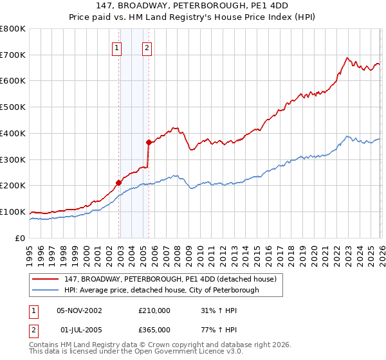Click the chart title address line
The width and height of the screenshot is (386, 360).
tap(193, 6)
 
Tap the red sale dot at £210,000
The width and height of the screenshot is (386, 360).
tap(119, 183)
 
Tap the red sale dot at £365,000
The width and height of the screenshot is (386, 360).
tap(149, 142)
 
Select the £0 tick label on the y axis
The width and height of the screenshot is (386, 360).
tap(21, 239)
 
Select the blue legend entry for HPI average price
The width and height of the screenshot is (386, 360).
tap(161, 290)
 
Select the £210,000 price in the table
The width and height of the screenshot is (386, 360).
tap(154, 310)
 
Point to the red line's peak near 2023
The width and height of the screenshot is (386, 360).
tap(346, 59)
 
